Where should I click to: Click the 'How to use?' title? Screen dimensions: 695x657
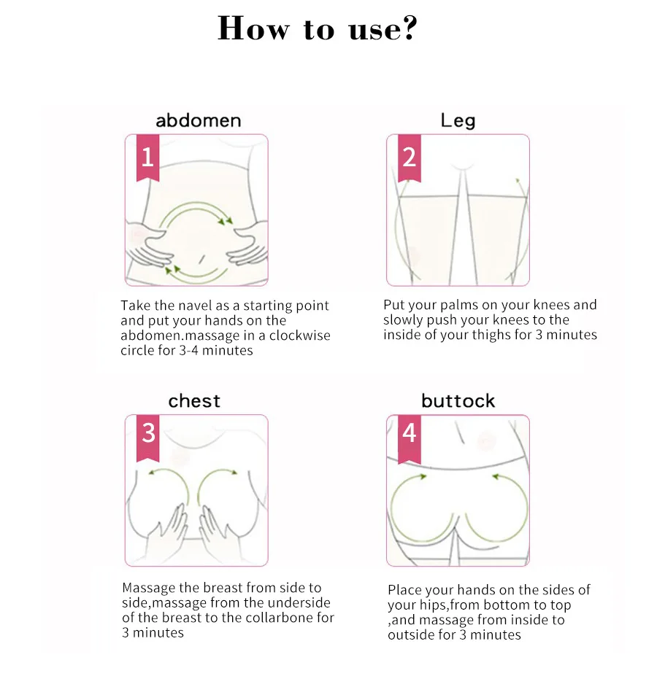coord(318,29)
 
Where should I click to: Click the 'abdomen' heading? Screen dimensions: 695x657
coord(198,120)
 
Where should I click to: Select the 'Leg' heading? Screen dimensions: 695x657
coord(458,120)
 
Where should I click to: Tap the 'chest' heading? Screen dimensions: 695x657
coord(194,401)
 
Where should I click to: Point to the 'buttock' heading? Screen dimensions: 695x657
coord(458,401)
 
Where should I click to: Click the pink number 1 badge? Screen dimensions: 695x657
coord(147,157)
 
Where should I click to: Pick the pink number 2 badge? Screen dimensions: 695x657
coord(409,157)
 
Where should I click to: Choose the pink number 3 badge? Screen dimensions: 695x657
coord(148,434)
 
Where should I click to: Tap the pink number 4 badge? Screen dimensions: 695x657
coord(409,434)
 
